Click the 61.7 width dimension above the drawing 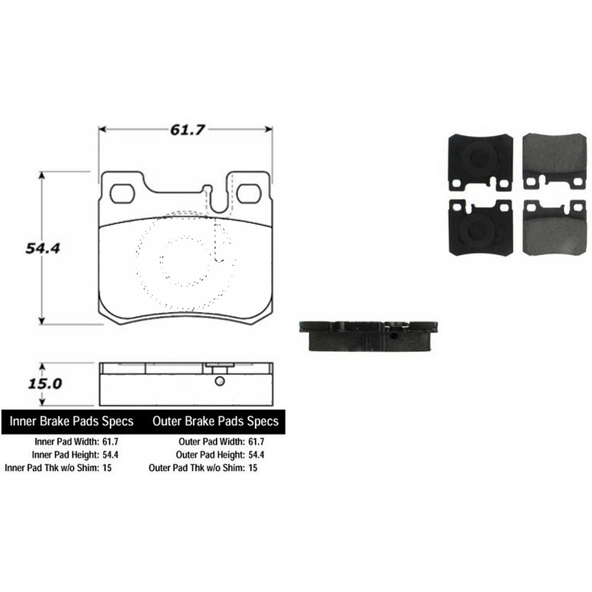point(187,130)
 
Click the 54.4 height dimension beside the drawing point(43,249)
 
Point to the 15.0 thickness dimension point(44,384)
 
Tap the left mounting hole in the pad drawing point(122,194)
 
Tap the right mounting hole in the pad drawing point(249,194)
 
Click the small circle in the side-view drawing point(219,381)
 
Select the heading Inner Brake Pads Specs point(72,422)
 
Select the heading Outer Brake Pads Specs point(215,422)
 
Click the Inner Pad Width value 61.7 point(110,442)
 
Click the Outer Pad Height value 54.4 point(256,455)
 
